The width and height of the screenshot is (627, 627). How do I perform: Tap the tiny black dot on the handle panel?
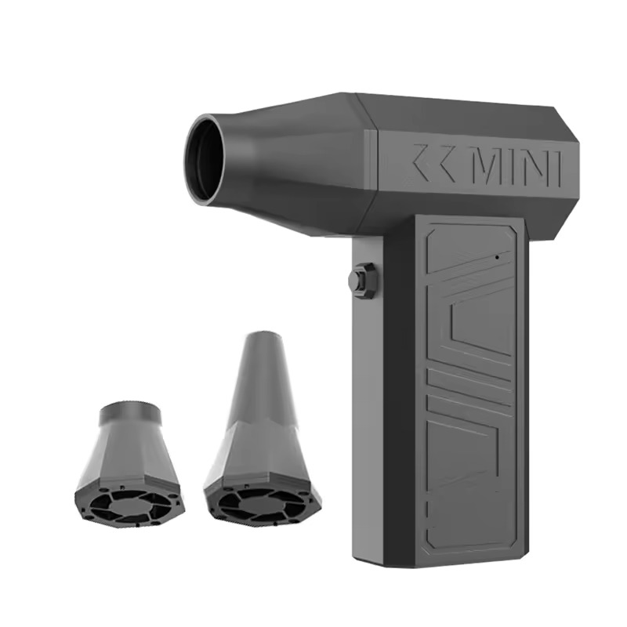(496, 256)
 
